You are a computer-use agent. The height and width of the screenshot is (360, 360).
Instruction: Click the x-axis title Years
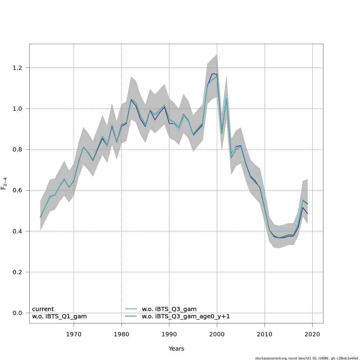[176, 349]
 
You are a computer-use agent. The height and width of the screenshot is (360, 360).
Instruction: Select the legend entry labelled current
[43, 309]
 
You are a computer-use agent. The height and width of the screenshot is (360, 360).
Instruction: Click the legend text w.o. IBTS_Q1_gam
[59, 316]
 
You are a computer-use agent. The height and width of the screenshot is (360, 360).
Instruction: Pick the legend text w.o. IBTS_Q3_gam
[169, 309]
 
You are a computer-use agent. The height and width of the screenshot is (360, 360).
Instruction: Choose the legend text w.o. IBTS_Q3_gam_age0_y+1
[186, 316]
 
